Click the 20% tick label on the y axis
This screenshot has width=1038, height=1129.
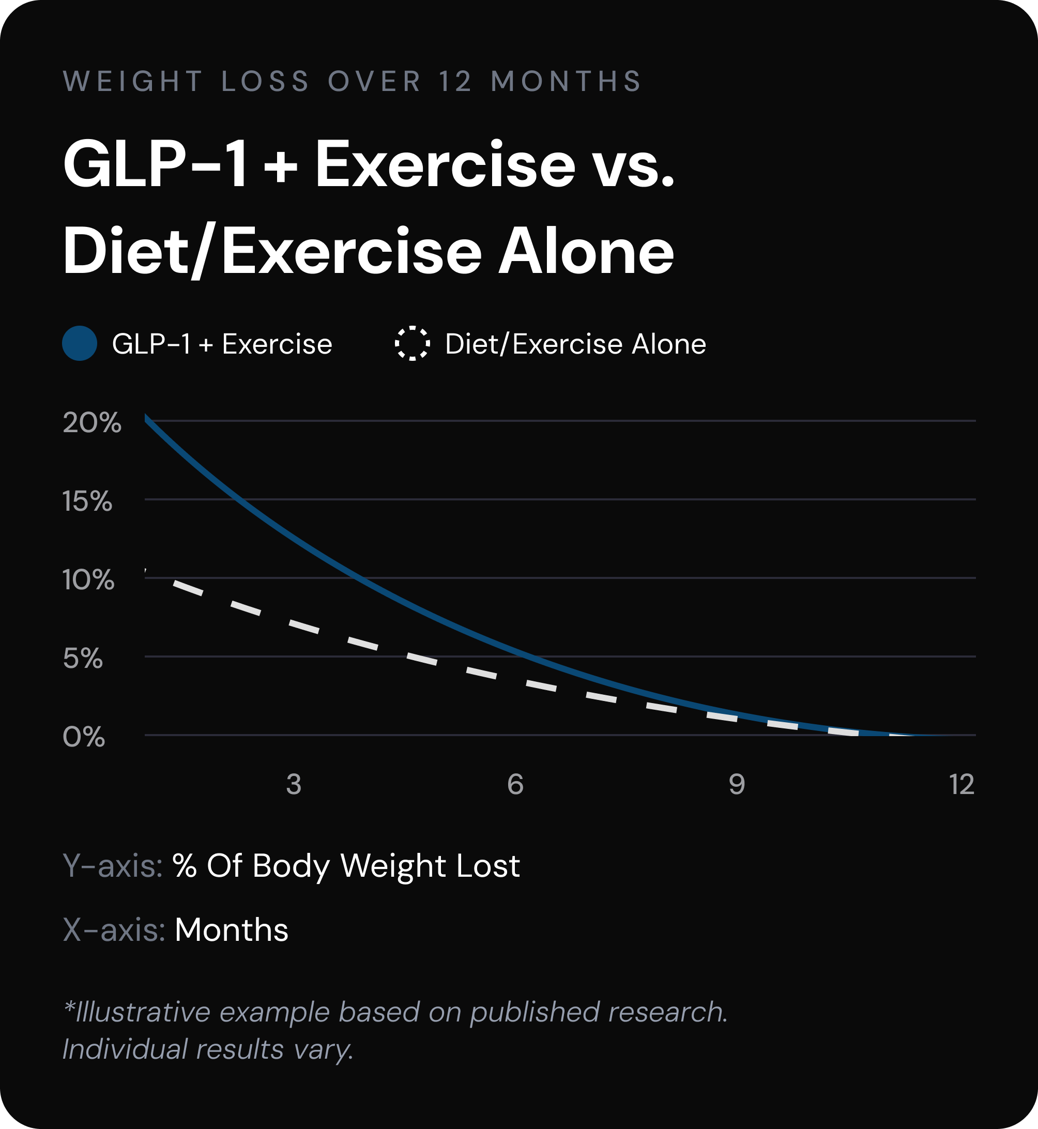click(x=91, y=423)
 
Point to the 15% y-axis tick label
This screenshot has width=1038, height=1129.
click(x=87, y=501)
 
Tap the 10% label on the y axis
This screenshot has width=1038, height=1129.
click(x=88, y=579)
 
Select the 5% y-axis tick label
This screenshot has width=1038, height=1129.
click(x=83, y=658)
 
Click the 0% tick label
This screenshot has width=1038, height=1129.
click(x=84, y=737)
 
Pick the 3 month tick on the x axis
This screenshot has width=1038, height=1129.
click(x=294, y=784)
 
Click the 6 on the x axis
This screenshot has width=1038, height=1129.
click(x=515, y=784)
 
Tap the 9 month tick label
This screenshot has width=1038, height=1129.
click(x=737, y=784)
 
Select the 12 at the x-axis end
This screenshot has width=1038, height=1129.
click(x=961, y=784)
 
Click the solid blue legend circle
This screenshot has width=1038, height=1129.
click(x=80, y=343)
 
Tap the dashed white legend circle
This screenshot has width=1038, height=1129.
click(x=413, y=343)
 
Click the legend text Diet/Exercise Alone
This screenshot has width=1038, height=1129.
click(x=575, y=344)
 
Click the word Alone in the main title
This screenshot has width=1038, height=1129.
click(x=586, y=252)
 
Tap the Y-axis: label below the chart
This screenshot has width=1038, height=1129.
click(x=112, y=865)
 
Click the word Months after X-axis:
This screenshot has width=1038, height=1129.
click(x=232, y=929)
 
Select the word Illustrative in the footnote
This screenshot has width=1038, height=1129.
click(x=143, y=1012)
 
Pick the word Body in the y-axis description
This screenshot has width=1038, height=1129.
click(x=291, y=865)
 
